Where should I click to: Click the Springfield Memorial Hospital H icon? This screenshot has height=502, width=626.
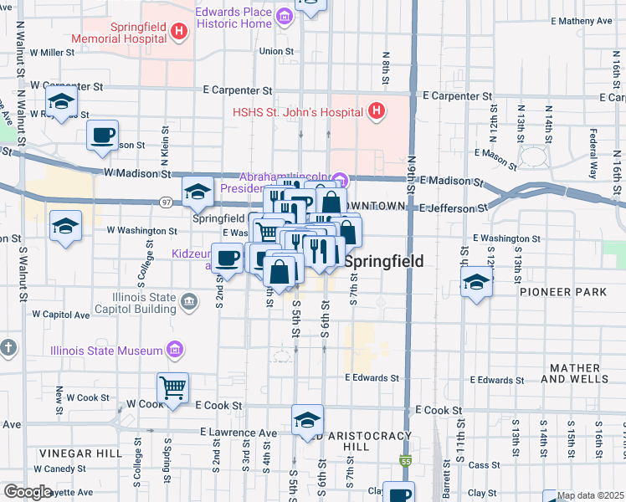pyautogui.click(x=178, y=32)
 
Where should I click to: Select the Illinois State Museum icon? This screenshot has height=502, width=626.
pyautogui.click(x=175, y=350)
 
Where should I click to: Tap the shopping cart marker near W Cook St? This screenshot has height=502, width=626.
pyautogui.click(x=172, y=387)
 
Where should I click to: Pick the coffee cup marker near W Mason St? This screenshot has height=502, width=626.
pyautogui.click(x=103, y=135)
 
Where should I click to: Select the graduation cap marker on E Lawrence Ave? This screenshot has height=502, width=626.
pyautogui.click(x=307, y=420)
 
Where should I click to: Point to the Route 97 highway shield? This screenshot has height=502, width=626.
pyautogui.click(x=167, y=202)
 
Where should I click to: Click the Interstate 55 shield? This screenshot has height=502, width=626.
pyautogui.click(x=406, y=461)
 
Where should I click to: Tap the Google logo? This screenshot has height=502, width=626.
pyautogui.click(x=28, y=492)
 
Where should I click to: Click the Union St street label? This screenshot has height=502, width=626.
pyautogui.click(x=275, y=52)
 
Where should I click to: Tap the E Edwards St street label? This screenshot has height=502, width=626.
pyautogui.click(x=372, y=378)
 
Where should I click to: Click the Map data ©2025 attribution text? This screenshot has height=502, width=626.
pyautogui.click(x=590, y=495)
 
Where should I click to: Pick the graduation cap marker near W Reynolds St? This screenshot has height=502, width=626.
pyautogui.click(x=61, y=102)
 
